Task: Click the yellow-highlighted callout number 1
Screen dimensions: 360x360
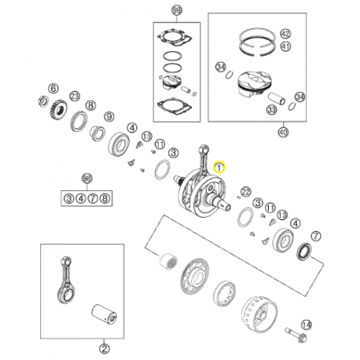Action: click(x=219, y=167)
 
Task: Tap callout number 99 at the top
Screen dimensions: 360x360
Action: click(x=177, y=10)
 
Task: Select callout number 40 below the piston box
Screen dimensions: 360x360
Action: click(x=283, y=132)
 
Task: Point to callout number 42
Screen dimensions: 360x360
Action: click(x=285, y=34)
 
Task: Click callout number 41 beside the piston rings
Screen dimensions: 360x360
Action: click(x=285, y=46)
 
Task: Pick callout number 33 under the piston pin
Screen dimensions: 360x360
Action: click(x=272, y=109)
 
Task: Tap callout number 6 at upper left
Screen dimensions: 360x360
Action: click(x=53, y=88)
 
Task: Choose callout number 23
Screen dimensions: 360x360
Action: click(x=75, y=97)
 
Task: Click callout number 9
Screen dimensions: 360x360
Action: click(x=109, y=116)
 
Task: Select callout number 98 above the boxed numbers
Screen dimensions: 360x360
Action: click(x=87, y=178)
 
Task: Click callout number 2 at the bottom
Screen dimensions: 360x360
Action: click(x=104, y=349)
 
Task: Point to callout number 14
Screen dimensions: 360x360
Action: click(x=307, y=325)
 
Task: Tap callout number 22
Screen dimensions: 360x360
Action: click(x=246, y=192)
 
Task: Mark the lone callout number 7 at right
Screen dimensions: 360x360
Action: click(x=316, y=236)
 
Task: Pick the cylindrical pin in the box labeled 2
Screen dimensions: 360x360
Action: click(x=105, y=314)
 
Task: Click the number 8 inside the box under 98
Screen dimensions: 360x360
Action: click(x=105, y=198)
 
